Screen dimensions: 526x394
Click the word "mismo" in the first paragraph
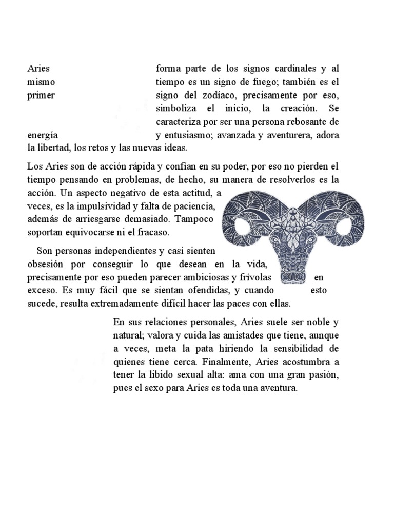click(41, 82)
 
